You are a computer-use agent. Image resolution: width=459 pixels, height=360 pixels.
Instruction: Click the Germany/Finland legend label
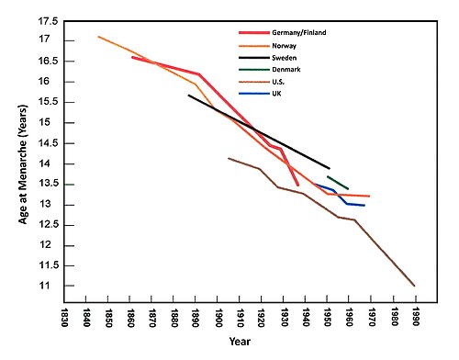coord(299,33)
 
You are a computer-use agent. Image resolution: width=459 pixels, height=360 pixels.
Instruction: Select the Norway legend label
coord(284,46)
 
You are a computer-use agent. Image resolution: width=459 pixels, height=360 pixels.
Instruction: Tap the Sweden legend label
coord(284,58)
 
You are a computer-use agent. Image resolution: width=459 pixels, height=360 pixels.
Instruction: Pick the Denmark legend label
coord(286,70)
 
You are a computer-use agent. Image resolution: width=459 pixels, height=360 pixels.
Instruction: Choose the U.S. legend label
coord(278,82)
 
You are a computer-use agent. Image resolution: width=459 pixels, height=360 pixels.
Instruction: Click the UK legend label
coord(276,94)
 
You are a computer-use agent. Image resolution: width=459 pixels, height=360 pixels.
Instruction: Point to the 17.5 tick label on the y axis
coord(48,21)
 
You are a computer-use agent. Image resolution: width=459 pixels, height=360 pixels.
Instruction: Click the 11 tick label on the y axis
coord(44,286)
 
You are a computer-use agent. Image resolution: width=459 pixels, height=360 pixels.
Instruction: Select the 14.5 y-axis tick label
coord(48,143)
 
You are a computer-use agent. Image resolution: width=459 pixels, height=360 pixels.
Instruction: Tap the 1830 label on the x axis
coord(64,318)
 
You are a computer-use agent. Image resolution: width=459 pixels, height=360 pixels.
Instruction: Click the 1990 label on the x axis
coord(415,318)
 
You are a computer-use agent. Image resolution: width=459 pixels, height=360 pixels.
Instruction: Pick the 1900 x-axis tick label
coord(218,318)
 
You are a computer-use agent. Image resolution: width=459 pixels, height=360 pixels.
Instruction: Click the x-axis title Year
coord(240,342)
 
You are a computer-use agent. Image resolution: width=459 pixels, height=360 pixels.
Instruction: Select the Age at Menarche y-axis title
coord(23,164)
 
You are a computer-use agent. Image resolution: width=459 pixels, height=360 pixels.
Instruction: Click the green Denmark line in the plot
coord(338,183)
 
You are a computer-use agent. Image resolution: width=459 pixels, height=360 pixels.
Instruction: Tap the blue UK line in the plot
coord(341,197)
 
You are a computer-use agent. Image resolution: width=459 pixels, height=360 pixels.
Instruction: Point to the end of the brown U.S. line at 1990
coord(415,286)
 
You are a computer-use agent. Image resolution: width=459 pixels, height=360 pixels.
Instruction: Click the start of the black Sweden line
coord(189,96)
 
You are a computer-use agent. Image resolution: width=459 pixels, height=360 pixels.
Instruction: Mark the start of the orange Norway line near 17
coord(98,37)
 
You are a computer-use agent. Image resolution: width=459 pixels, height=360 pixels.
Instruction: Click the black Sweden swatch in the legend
coord(254,58)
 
